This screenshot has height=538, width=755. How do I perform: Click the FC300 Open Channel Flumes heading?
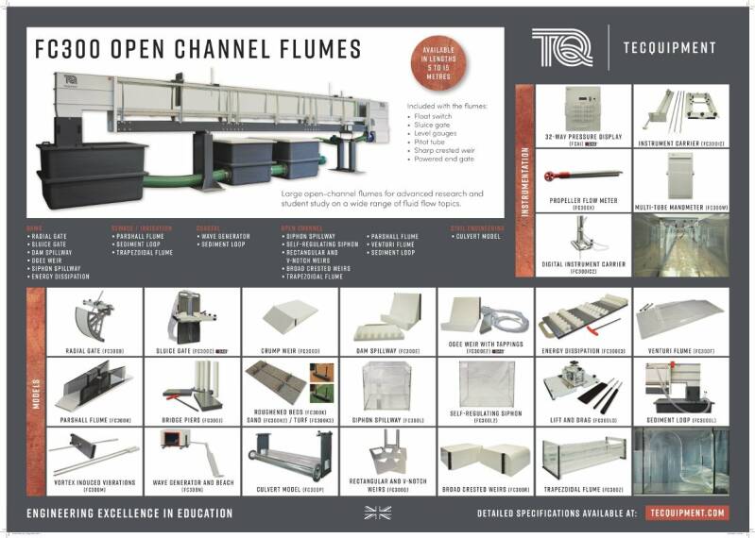(x=197, y=49)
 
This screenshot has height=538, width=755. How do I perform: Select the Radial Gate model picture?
(x=94, y=320)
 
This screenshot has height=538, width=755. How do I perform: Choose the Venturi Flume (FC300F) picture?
(x=681, y=318)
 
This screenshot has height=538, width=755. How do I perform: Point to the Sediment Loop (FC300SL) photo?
(x=681, y=385)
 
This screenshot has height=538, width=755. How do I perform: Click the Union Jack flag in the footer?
(x=377, y=513)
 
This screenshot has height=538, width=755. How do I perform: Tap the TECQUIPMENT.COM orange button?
(x=688, y=513)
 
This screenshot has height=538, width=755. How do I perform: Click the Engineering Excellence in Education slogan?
(x=129, y=513)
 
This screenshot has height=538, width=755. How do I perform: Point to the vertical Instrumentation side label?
(x=524, y=179)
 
